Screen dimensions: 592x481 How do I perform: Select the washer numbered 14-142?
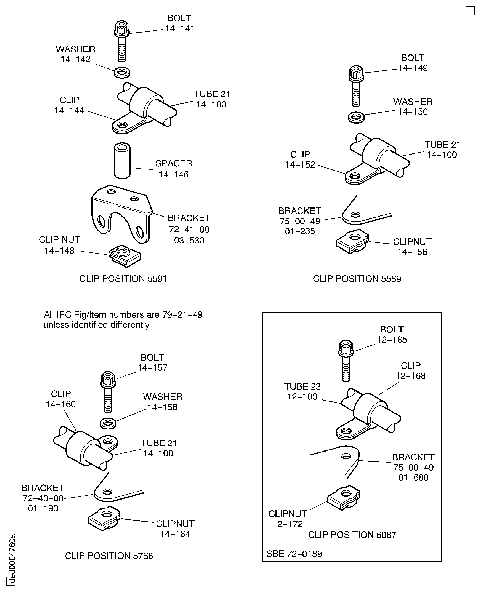point(122,73)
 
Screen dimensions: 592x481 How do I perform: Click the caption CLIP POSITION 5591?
point(123,278)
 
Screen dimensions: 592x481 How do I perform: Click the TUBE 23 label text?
point(302,386)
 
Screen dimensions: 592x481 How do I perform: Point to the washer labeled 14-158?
point(108,423)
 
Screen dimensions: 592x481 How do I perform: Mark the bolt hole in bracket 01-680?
point(346,456)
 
